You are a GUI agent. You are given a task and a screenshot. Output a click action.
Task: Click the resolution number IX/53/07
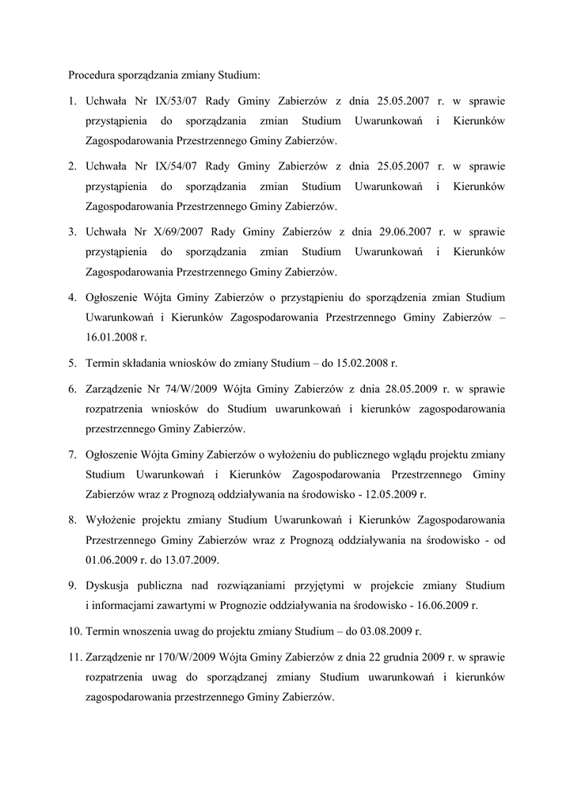click(176, 101)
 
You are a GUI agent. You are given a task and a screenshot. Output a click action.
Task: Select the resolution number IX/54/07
click(176, 166)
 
